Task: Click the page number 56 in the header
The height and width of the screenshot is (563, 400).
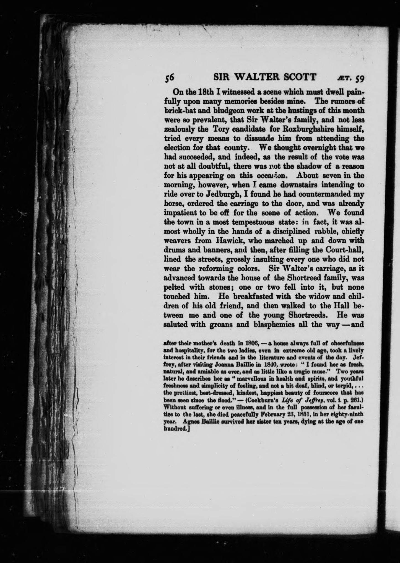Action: [168, 78]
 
